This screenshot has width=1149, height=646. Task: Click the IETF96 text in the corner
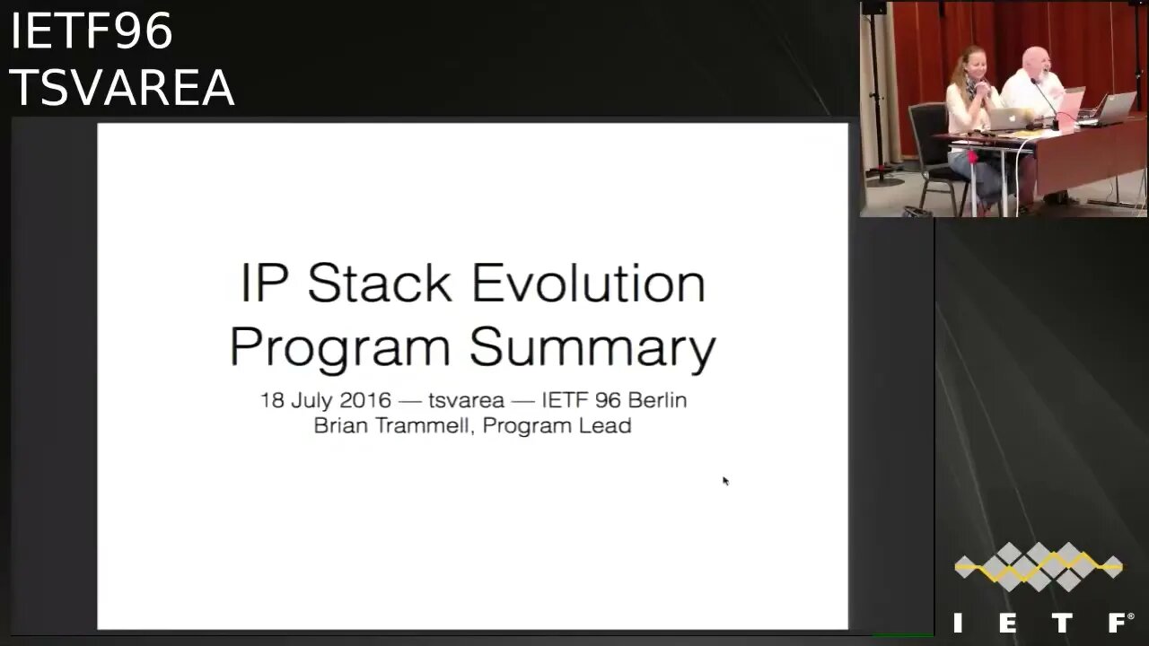pyautogui.click(x=92, y=31)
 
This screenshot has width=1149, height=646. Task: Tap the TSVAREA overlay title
pyautogui.click(x=122, y=87)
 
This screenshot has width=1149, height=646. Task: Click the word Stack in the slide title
pyautogui.click(x=379, y=283)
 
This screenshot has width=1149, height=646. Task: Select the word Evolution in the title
pyautogui.click(x=588, y=283)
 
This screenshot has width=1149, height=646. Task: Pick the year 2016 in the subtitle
pyautogui.click(x=365, y=400)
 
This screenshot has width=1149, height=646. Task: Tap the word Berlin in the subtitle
pyautogui.click(x=658, y=400)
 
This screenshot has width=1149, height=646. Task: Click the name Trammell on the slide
pyautogui.click(x=423, y=425)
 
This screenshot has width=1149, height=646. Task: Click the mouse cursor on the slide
pyautogui.click(x=725, y=480)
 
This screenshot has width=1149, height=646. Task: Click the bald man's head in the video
pyautogui.click(x=1036, y=63)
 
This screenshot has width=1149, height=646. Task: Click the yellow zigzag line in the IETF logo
pyautogui.click(x=1039, y=567)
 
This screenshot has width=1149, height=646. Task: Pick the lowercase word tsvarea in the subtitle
pyautogui.click(x=466, y=400)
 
